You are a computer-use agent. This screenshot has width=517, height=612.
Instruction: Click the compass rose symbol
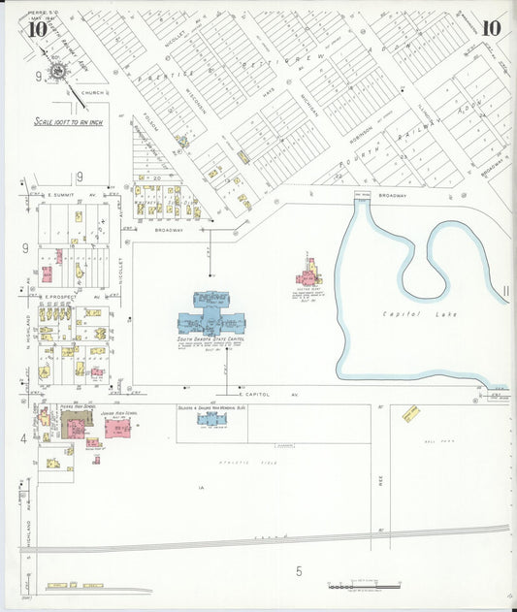(57, 72)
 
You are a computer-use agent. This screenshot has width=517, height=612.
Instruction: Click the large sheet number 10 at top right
(491, 28)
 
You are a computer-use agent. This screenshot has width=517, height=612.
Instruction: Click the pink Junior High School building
(118, 427)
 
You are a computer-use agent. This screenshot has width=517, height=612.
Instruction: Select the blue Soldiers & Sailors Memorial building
(211, 418)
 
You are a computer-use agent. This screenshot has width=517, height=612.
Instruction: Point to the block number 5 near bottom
(299, 571)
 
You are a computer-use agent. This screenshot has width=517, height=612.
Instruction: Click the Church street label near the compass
(92, 93)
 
